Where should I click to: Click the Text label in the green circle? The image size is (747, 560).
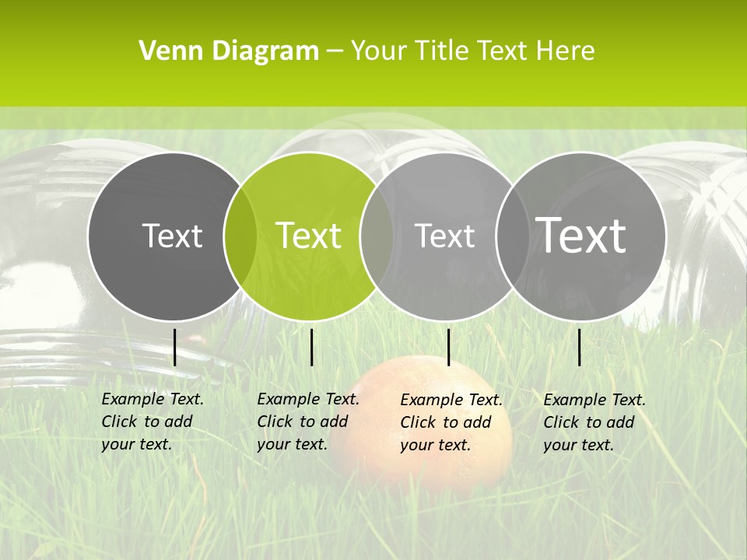[x=309, y=236]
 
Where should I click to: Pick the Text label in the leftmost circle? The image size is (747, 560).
[x=172, y=236]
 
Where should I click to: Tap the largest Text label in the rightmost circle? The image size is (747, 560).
[x=581, y=235]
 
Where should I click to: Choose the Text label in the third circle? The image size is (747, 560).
[x=444, y=236]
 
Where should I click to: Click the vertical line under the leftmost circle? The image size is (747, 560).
[x=174, y=347]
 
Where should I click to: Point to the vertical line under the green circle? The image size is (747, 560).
[x=311, y=347]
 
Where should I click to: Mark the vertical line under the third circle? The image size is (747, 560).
[x=448, y=347]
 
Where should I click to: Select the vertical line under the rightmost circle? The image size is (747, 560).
[x=579, y=347]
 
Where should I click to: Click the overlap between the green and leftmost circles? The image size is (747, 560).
[x=240, y=236]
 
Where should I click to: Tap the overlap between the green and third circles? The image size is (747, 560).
[x=377, y=236]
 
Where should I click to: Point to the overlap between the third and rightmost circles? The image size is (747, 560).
[x=511, y=236]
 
